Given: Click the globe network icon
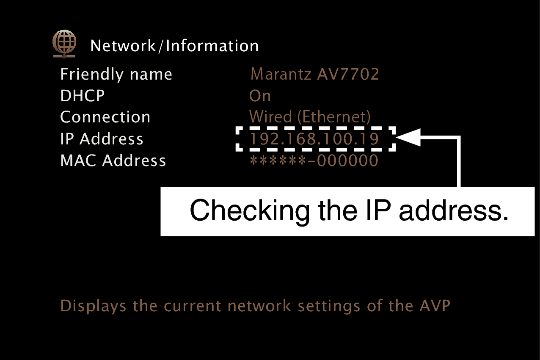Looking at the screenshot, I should coord(64,44).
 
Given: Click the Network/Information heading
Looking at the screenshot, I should coord(174,46).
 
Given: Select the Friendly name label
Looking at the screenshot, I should coord(116,75).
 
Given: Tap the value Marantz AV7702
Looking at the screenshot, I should coord(314,75).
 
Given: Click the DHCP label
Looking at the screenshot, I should coord(83,96).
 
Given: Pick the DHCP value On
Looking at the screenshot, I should coord(260,96).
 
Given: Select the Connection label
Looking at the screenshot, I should coord(105,117).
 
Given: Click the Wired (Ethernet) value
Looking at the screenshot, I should coord(310,117).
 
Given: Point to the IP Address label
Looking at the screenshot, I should coord(102,139).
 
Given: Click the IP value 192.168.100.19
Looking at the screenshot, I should coord(314,139).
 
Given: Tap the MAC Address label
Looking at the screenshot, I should coord(113,161).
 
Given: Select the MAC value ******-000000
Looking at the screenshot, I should coord(314,161).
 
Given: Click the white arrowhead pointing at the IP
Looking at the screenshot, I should coord(409,137).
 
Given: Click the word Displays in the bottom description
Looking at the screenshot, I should coord(93,306).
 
